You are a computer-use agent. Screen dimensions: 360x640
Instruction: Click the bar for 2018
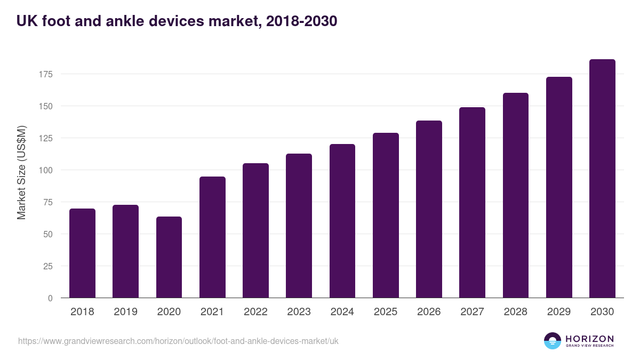click(x=82, y=253)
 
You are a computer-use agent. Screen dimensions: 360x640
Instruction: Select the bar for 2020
click(x=169, y=257)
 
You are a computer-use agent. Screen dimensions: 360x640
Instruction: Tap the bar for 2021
click(x=212, y=237)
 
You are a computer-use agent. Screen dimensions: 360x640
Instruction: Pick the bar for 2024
click(x=342, y=221)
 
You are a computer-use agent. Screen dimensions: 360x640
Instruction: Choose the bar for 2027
click(x=472, y=203)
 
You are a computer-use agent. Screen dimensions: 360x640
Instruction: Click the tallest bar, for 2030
click(x=602, y=179)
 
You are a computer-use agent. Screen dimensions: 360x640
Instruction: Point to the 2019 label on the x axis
click(x=126, y=312)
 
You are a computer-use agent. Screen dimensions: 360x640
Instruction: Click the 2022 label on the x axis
click(x=255, y=312)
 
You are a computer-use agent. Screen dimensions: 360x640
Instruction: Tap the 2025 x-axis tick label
click(x=386, y=312)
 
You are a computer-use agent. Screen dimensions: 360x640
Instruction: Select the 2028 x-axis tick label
click(x=516, y=312)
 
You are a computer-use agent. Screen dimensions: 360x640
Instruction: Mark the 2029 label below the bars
click(x=559, y=312)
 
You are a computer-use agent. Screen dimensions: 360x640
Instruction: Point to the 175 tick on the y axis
click(x=46, y=74)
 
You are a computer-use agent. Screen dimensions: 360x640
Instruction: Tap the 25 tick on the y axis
click(x=48, y=266)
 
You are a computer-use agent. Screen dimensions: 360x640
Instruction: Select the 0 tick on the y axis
click(x=50, y=298)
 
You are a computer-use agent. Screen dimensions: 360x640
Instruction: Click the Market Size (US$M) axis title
click(x=21, y=172)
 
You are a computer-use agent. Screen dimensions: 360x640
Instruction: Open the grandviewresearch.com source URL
click(x=178, y=341)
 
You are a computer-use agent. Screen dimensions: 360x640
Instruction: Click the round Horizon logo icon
click(x=553, y=341)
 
